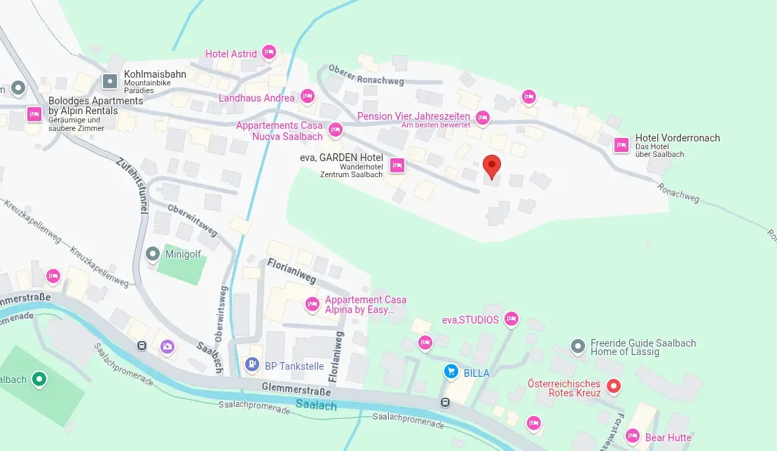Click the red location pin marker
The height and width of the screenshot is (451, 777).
pos(493,166)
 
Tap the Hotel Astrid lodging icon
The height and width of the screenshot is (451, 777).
pos(268,53)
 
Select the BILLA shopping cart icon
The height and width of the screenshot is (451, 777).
pos(452,372)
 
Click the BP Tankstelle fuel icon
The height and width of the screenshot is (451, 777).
pos(252,364)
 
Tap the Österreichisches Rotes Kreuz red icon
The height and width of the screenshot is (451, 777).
pos(614,386)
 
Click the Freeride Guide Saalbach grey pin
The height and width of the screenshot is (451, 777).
pos(578,346)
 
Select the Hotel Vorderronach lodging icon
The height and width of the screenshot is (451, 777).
pos(621,145)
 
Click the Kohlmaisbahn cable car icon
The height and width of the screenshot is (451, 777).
pos(111,81)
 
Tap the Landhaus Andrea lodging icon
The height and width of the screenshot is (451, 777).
pos(307,97)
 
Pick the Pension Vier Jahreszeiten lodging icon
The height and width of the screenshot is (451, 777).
pos(482,117)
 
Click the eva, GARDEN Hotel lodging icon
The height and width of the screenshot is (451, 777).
pos(397,165)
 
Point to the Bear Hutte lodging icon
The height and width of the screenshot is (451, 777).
pos(633,437)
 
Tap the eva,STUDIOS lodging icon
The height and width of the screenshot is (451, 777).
pos(511,319)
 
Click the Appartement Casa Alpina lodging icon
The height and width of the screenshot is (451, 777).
pos(312,304)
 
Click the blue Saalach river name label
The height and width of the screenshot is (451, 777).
pos(316,405)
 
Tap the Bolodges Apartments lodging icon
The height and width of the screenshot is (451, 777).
pos(34,113)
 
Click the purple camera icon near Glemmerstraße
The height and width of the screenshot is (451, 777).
pos(167,345)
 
